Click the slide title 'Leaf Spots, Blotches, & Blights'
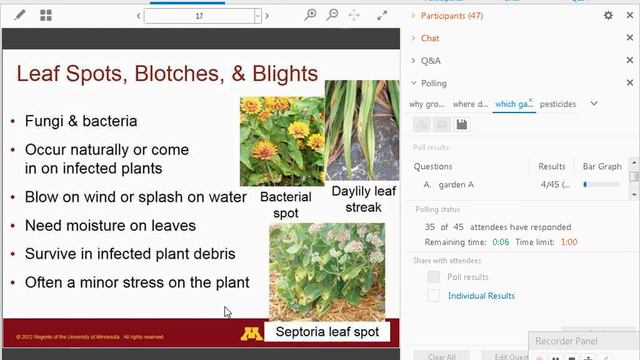[168, 74]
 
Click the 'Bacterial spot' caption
[285, 205]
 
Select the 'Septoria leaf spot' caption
[327, 331]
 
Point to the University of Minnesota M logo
[252, 332]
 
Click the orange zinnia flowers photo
[281, 140]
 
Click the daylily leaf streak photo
[362, 129]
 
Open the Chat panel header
[430, 38]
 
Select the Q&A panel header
[430, 61]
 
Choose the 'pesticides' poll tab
[558, 104]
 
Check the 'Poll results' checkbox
[433, 277]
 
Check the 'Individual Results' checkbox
[433, 296]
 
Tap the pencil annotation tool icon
[20, 16]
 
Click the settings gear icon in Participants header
[608, 16]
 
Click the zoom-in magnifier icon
[311, 16]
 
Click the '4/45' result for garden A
[551, 184]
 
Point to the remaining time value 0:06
[501, 242]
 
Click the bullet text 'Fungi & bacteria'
[81, 121]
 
